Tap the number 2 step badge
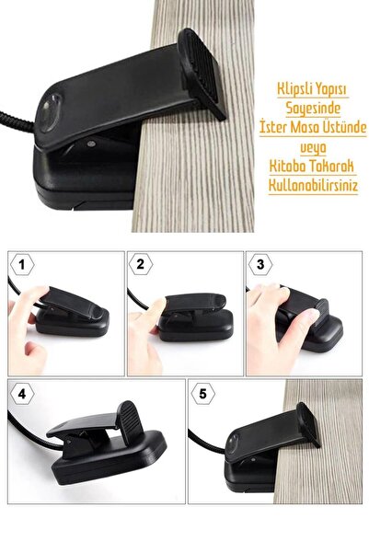141,264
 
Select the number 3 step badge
259,264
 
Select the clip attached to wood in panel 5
267,443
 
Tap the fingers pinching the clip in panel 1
37,308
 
